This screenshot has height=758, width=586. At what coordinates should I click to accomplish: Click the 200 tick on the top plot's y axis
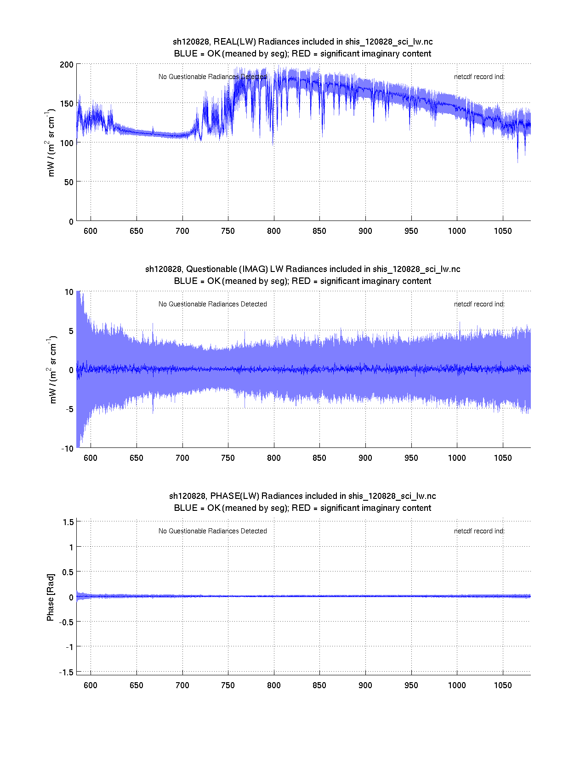[66, 64]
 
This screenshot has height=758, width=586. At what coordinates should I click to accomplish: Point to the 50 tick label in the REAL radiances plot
[68, 182]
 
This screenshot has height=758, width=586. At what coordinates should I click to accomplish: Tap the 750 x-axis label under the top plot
[228, 231]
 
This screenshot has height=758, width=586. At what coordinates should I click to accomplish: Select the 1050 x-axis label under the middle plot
[502, 458]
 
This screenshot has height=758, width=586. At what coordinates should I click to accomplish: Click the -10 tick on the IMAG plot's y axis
[67, 448]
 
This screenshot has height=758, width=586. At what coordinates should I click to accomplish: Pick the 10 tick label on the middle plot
[69, 292]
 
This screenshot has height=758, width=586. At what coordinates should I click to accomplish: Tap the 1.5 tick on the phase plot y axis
[68, 522]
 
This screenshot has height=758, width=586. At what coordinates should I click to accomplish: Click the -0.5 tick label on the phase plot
[65, 622]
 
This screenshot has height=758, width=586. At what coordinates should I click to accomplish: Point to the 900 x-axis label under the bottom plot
[365, 685]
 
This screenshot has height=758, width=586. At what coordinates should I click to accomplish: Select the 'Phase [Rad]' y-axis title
[51, 597]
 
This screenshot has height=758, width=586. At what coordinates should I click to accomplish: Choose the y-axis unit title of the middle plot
[52, 370]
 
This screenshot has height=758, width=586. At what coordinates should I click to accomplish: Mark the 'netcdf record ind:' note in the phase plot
[479, 531]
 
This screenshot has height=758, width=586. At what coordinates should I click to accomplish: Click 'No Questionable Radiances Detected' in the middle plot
[212, 304]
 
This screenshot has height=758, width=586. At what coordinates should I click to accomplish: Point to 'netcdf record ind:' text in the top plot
[479, 77]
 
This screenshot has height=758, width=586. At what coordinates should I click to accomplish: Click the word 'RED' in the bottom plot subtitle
[301, 508]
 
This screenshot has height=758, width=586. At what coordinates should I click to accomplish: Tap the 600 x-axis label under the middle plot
[91, 458]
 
